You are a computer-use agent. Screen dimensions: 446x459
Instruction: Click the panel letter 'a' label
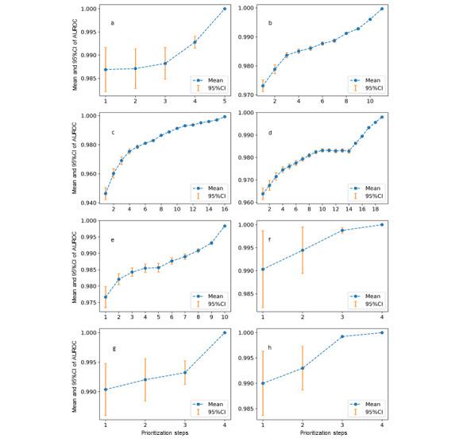pos(112,23)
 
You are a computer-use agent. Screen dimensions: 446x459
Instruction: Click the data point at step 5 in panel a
pos(225,9)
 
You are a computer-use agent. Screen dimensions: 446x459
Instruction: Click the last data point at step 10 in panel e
pos(225,226)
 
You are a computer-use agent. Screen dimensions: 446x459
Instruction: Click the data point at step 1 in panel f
pos(263,269)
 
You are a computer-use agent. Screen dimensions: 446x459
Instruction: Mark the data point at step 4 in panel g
pos(225,332)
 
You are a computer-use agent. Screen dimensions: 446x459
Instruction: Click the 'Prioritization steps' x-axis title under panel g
pos(165,433)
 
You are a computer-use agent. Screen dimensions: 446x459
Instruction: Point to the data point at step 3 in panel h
pos(342,336)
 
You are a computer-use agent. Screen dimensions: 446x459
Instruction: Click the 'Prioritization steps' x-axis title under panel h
pos(323,433)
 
